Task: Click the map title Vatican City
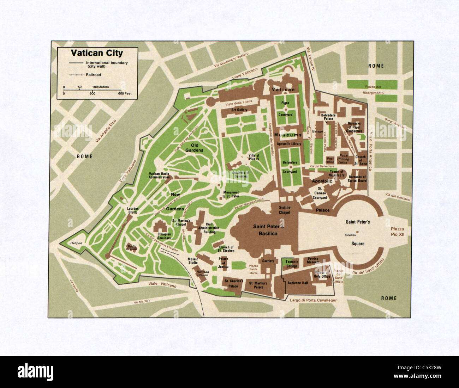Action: pyautogui.click(x=97, y=53)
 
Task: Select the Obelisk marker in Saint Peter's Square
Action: pyautogui.click(x=357, y=232)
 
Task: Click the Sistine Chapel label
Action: pyautogui.click(x=284, y=210)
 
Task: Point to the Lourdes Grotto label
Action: pyautogui.click(x=133, y=210)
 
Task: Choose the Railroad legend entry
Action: pyautogui.click(x=93, y=75)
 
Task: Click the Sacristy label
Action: pyautogui.click(x=268, y=261)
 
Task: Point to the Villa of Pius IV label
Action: pyautogui.click(x=254, y=157)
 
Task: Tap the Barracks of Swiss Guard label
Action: pyautogui.click(x=357, y=179)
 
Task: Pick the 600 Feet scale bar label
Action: pyautogui.click(x=125, y=94)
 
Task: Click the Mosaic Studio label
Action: pyautogui.click(x=193, y=261)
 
